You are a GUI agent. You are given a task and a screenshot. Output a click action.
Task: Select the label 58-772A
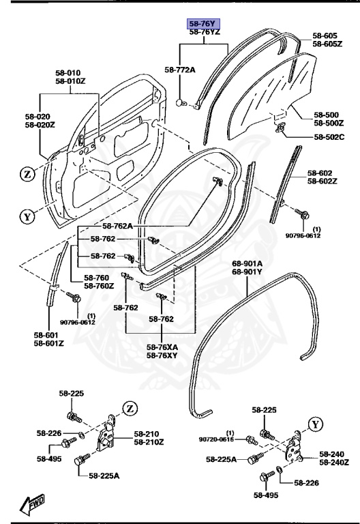(180, 70)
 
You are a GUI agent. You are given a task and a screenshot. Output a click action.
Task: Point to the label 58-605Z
(327, 44)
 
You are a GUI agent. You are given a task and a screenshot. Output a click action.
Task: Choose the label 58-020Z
(40, 125)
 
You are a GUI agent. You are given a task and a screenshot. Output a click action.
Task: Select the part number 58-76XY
(162, 355)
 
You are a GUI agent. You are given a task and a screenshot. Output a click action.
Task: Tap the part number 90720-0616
(217, 440)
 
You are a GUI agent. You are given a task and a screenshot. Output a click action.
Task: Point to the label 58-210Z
(149, 442)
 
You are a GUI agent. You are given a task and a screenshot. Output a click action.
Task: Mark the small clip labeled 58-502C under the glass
(280, 127)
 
